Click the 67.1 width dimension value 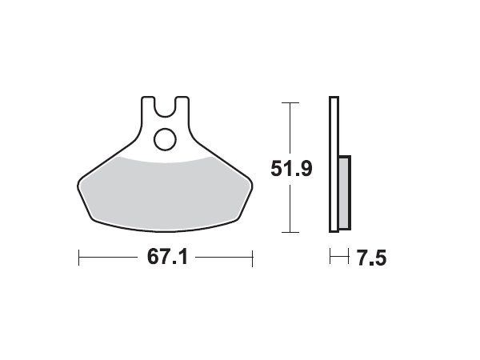coord(166,258)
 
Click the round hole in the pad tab coord(166,139)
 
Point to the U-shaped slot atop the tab coord(166,105)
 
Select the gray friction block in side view coord(344,192)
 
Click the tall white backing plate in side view coord(334,164)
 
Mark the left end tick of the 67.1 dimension coord(79,258)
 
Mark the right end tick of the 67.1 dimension coord(253,258)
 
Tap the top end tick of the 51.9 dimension coord(290,102)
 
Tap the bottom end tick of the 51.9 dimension coord(290,233)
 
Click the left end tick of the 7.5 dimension coord(330,258)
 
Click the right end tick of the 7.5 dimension coord(350,258)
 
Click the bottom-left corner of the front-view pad coord(95,218)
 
